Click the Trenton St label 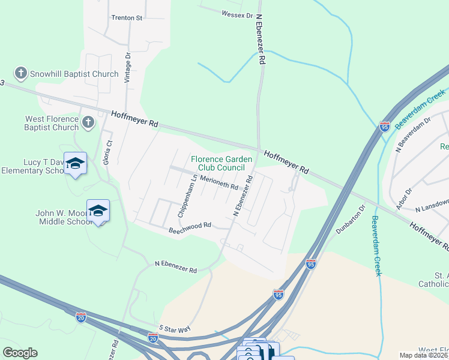(x=127, y=18)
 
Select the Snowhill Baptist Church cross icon (x=21, y=74)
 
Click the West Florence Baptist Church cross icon (x=88, y=123)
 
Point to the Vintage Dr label (x=127, y=67)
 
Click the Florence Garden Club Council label (x=221, y=163)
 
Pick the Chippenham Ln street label (x=186, y=196)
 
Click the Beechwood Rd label (x=190, y=227)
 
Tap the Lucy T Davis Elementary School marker (x=76, y=164)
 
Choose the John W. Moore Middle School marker (x=98, y=211)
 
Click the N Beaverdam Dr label (x=414, y=132)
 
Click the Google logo (x=20, y=352)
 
